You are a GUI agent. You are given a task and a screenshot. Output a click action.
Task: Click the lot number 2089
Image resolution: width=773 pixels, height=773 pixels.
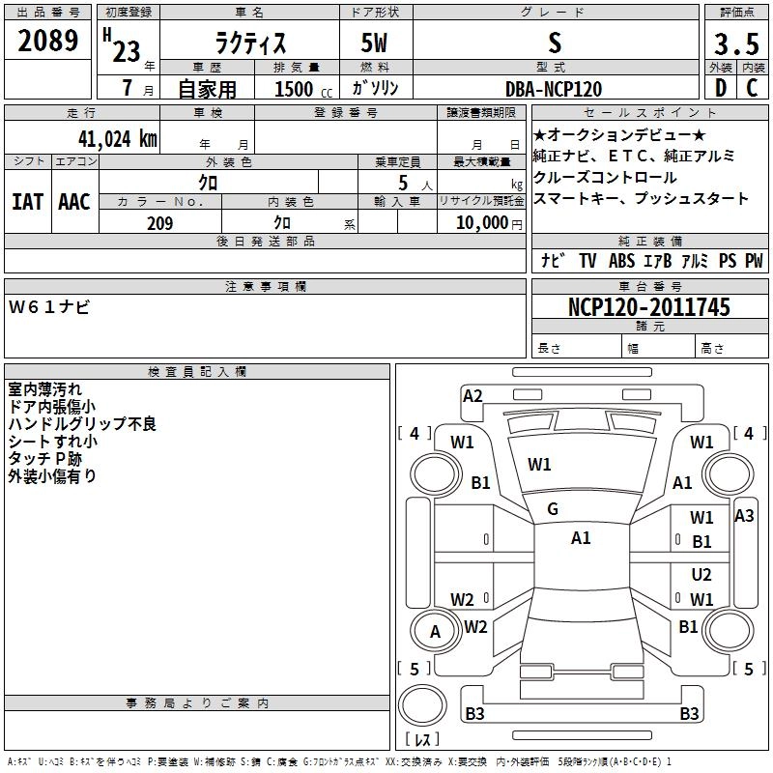click(47, 41)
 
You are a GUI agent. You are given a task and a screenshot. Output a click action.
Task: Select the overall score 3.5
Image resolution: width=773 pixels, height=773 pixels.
click(736, 44)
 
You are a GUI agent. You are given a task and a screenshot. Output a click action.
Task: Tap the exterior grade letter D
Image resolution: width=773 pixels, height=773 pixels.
click(721, 88)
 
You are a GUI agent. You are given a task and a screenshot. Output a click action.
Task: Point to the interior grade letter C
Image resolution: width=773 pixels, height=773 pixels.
click(752, 88)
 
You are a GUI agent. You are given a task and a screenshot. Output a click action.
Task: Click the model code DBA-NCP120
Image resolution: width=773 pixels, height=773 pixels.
click(554, 89)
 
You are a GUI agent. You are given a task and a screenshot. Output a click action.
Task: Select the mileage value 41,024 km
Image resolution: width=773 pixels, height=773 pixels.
click(118, 139)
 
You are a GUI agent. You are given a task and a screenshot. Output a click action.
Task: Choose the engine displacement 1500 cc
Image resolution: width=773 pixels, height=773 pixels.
click(303, 89)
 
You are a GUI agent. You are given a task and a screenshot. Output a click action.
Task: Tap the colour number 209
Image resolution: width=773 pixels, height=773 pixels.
click(160, 223)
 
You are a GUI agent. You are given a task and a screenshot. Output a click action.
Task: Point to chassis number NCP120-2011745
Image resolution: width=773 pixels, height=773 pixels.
click(649, 307)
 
